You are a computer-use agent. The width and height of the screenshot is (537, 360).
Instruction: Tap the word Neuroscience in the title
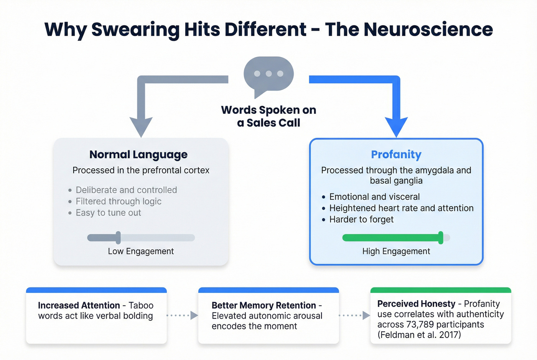[428, 30]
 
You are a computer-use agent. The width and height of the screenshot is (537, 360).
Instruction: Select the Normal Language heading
[138, 155]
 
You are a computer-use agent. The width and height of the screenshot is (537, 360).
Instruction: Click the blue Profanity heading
[396, 155]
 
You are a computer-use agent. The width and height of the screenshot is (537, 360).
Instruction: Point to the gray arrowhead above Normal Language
[141, 126]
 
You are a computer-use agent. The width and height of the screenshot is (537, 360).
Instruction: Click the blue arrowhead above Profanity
[396, 126]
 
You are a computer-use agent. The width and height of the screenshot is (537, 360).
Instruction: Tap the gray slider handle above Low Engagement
[118, 238]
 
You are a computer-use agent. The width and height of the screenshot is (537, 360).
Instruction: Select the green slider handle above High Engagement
[441, 238]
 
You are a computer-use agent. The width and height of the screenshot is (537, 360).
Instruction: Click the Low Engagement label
[141, 251]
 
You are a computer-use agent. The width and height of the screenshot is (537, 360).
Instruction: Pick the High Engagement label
[396, 251]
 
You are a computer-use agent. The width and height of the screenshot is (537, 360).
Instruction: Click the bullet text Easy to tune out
[108, 213]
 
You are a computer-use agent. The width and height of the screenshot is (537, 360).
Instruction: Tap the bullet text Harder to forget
[361, 219]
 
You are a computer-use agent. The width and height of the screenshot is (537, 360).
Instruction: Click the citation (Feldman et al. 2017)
[419, 335]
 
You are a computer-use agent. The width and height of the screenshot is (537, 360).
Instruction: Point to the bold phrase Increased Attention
[79, 306]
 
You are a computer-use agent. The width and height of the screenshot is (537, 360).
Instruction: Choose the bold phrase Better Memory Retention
[264, 306]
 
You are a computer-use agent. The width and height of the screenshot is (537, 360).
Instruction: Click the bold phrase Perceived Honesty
[416, 304]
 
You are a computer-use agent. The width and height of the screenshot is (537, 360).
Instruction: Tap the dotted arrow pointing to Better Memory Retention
[183, 316]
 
